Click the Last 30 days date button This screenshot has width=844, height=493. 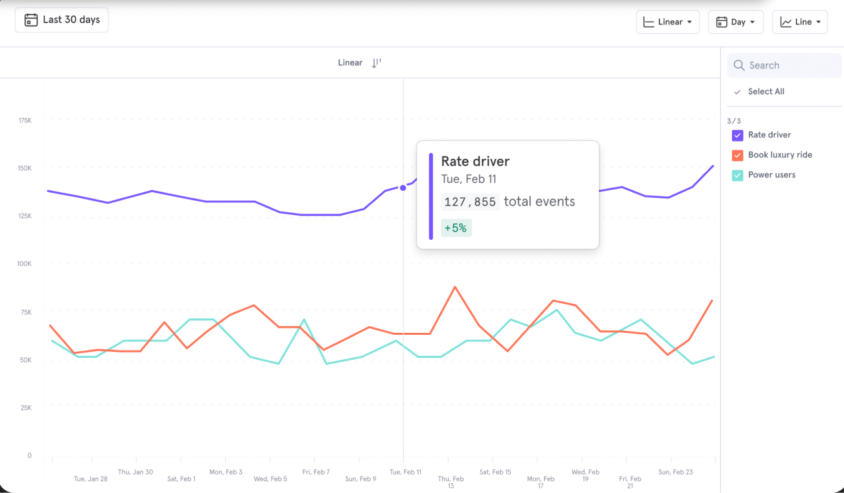[x=62, y=20]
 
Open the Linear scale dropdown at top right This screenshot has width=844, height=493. [x=668, y=22]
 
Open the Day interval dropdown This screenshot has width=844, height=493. [x=736, y=22]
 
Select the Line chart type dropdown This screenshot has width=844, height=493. [x=800, y=22]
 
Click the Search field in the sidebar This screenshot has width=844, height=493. [x=785, y=65]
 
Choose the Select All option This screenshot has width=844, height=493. [x=766, y=92]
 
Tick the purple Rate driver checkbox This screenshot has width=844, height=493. [x=738, y=135]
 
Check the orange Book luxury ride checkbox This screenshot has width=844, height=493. [x=738, y=155]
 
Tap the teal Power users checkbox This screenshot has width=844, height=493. [x=738, y=175]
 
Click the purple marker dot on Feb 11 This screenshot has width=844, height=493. [x=403, y=188]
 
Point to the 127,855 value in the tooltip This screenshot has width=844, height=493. [x=470, y=202]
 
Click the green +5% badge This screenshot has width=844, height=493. [x=456, y=228]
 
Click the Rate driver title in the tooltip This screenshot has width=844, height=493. [x=475, y=161]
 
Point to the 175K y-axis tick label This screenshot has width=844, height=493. [x=25, y=121]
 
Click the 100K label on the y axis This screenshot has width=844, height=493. [x=25, y=264]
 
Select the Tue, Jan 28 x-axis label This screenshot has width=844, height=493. [x=90, y=479]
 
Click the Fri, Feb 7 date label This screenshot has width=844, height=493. [x=316, y=472]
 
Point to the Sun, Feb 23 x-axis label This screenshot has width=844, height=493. [x=675, y=472]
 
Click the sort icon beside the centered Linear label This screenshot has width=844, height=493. [x=377, y=63]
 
